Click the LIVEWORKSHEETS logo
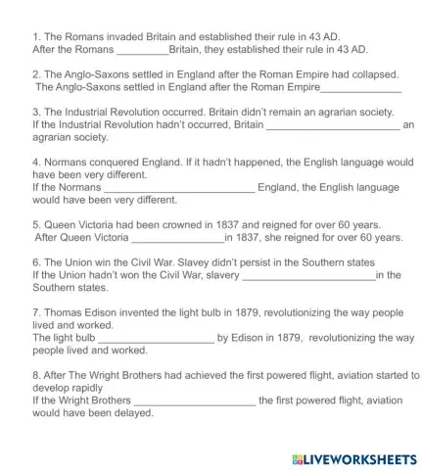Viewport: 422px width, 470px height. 354,458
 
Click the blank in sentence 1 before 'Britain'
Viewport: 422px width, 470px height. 142,49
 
